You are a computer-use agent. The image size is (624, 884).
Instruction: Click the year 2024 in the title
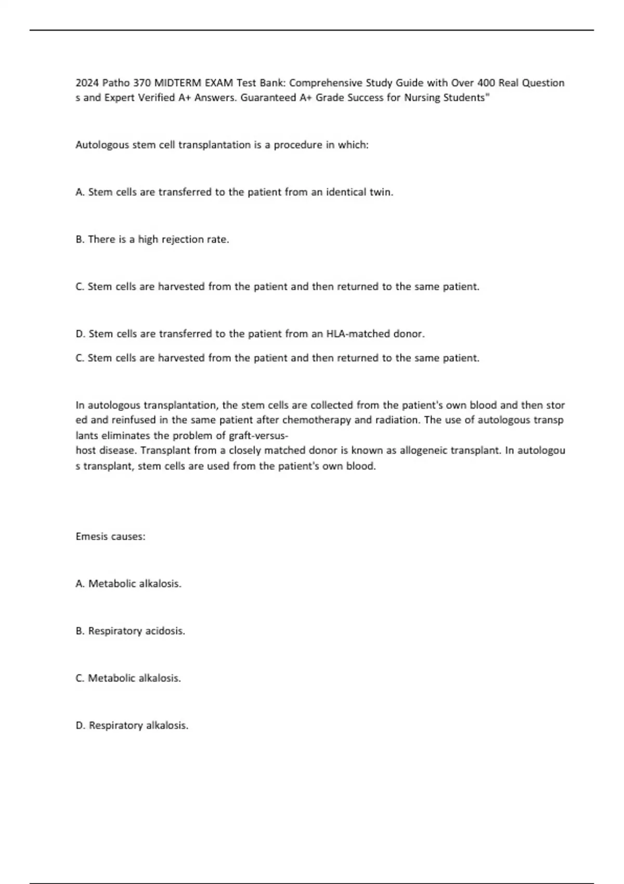coord(87,83)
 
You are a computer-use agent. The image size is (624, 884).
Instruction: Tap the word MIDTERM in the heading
coord(176,83)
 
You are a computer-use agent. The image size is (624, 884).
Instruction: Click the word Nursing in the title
coord(422,98)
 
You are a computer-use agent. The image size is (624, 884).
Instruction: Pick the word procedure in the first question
coord(298,145)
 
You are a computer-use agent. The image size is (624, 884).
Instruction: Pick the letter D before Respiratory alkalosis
coord(80,725)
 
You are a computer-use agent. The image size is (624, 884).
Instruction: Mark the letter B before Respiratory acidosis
coord(80,631)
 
